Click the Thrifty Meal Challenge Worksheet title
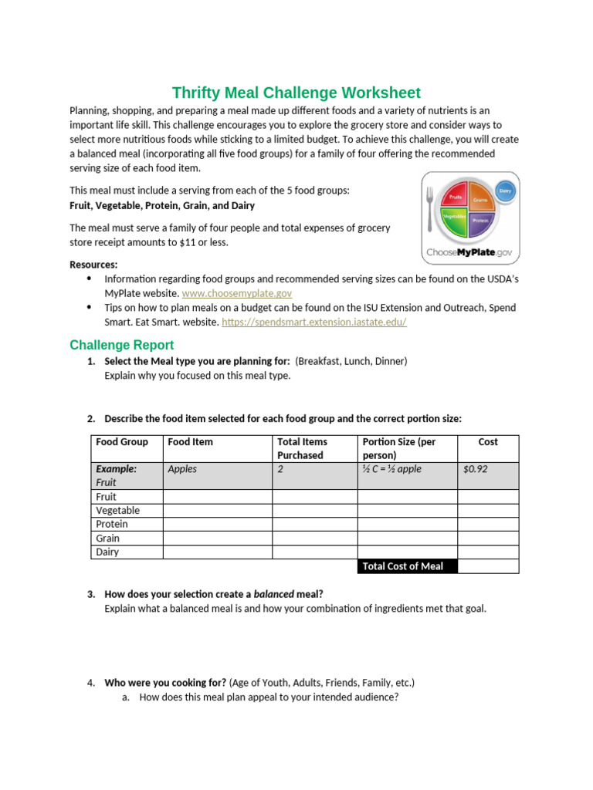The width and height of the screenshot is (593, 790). tap(296, 93)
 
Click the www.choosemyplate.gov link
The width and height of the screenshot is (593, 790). tap(236, 293)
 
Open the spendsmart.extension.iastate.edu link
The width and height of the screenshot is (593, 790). tap(313, 322)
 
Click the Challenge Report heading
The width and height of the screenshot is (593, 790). tap(121, 345)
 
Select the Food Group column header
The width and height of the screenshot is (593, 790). tap(121, 442)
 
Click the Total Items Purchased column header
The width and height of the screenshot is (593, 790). tap(302, 448)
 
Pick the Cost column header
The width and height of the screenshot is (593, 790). tap(487, 442)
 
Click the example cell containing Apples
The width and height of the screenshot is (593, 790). tap(182, 468)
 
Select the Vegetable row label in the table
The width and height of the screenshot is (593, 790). tap(117, 510)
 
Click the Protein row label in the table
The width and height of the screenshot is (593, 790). tap(112, 524)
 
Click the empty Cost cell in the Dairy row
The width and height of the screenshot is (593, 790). tap(487, 552)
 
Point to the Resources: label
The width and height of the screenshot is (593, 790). tap(93, 265)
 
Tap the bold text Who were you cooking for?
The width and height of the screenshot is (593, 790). tap(165, 683)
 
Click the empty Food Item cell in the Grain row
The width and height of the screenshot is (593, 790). tap(217, 538)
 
